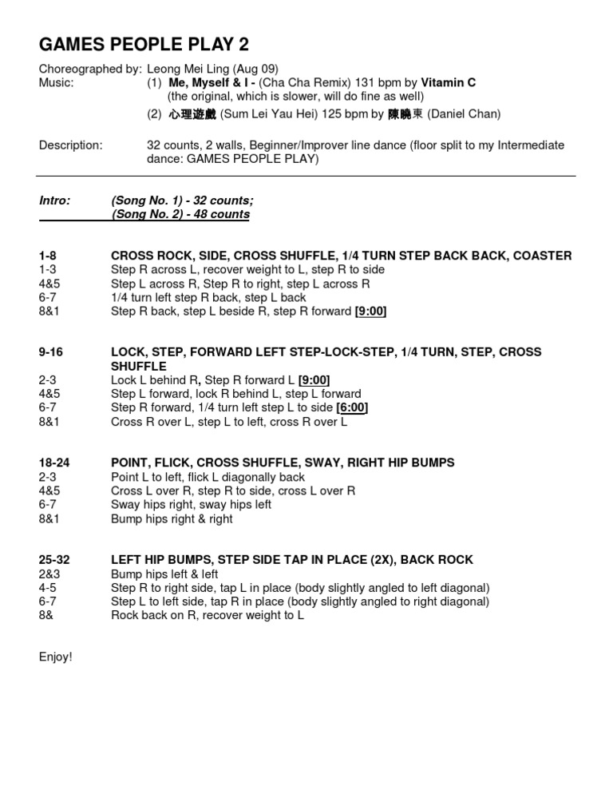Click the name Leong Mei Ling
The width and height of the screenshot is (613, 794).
pyautogui.click(x=186, y=69)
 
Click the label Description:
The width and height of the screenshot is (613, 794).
pyautogui.click(x=71, y=145)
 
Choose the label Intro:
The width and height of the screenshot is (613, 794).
pyautogui.click(x=55, y=200)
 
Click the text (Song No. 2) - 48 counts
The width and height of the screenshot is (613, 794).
pyautogui.click(x=180, y=214)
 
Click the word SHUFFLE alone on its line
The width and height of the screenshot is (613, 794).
pyautogui.click(x=139, y=367)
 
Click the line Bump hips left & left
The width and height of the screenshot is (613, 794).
pyautogui.click(x=164, y=574)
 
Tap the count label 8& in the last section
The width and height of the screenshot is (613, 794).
pyautogui.click(x=46, y=615)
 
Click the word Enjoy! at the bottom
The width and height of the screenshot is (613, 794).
pyautogui.click(x=56, y=657)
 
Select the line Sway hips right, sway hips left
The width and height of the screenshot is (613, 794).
pyautogui.click(x=191, y=504)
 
